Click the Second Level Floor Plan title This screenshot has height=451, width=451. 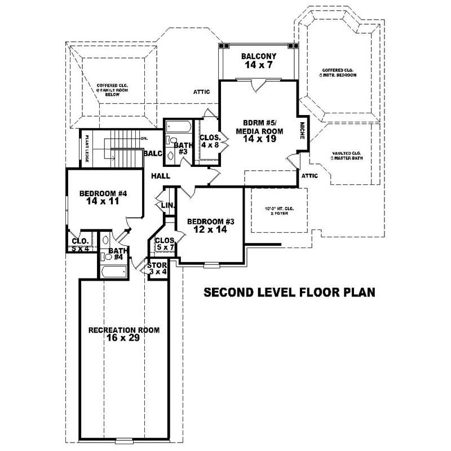coord(289,293)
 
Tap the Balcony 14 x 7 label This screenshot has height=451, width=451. coord(258,60)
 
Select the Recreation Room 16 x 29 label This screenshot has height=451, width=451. coord(123,334)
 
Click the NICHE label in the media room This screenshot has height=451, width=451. coord(303,131)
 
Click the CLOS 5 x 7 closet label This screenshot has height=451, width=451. coord(165,244)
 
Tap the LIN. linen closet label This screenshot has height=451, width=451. coord(167,206)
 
